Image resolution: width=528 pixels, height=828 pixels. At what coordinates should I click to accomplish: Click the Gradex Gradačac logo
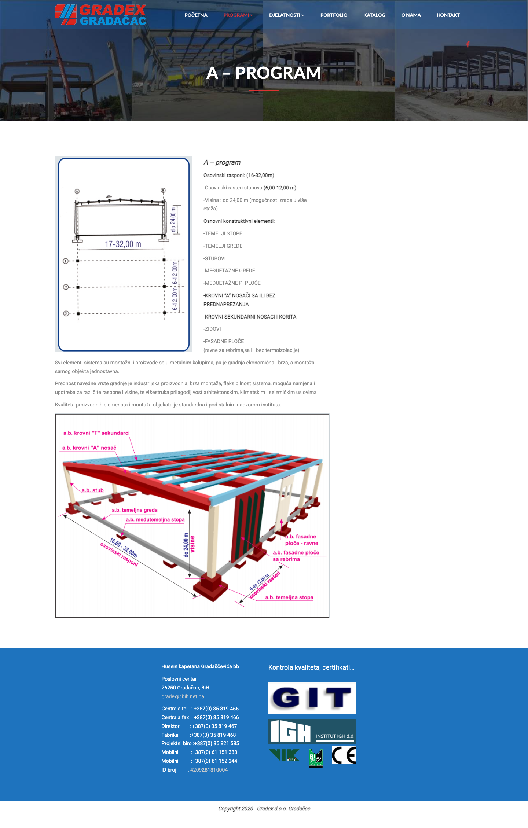pyautogui.click(x=100, y=15)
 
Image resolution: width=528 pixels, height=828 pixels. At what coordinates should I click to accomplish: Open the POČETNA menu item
pyautogui.click(x=196, y=15)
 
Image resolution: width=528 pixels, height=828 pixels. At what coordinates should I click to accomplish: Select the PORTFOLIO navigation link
pyautogui.click(x=334, y=15)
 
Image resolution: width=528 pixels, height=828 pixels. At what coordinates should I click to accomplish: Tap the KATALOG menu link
pyautogui.click(x=374, y=15)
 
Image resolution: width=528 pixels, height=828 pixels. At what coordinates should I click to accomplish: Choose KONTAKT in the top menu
pyautogui.click(x=448, y=15)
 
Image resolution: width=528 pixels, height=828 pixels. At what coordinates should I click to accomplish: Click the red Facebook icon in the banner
pyautogui.click(x=468, y=44)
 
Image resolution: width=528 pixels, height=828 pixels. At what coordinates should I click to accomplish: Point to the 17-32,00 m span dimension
pyautogui.click(x=123, y=244)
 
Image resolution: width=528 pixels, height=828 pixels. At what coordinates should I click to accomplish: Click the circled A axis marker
pyautogui.click(x=77, y=191)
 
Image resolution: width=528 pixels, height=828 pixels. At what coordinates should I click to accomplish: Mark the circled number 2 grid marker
pyautogui.click(x=66, y=287)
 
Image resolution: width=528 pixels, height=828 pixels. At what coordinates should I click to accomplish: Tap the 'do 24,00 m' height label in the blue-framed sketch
pyautogui.click(x=173, y=220)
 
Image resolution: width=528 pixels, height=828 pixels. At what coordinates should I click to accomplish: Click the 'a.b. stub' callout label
pyautogui.click(x=92, y=490)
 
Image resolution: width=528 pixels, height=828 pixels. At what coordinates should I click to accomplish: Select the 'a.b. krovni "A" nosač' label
pyautogui.click(x=89, y=448)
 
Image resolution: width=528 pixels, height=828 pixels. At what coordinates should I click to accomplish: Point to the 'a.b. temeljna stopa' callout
pyautogui.click(x=289, y=597)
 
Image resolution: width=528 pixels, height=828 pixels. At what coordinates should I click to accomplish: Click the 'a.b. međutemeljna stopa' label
pyautogui.click(x=155, y=520)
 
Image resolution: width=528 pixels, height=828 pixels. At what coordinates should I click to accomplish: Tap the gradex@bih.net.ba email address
pyautogui.click(x=183, y=696)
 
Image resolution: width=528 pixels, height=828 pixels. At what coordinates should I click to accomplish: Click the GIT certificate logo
pyautogui.click(x=312, y=698)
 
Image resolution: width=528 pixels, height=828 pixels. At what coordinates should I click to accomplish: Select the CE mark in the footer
pyautogui.click(x=344, y=755)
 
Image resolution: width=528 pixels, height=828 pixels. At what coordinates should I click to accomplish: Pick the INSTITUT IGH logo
pyautogui.click(x=312, y=731)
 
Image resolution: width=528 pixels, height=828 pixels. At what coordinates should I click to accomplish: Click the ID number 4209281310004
pyautogui.click(x=209, y=770)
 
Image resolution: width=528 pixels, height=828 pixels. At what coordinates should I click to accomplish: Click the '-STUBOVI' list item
pyautogui.click(x=214, y=258)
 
